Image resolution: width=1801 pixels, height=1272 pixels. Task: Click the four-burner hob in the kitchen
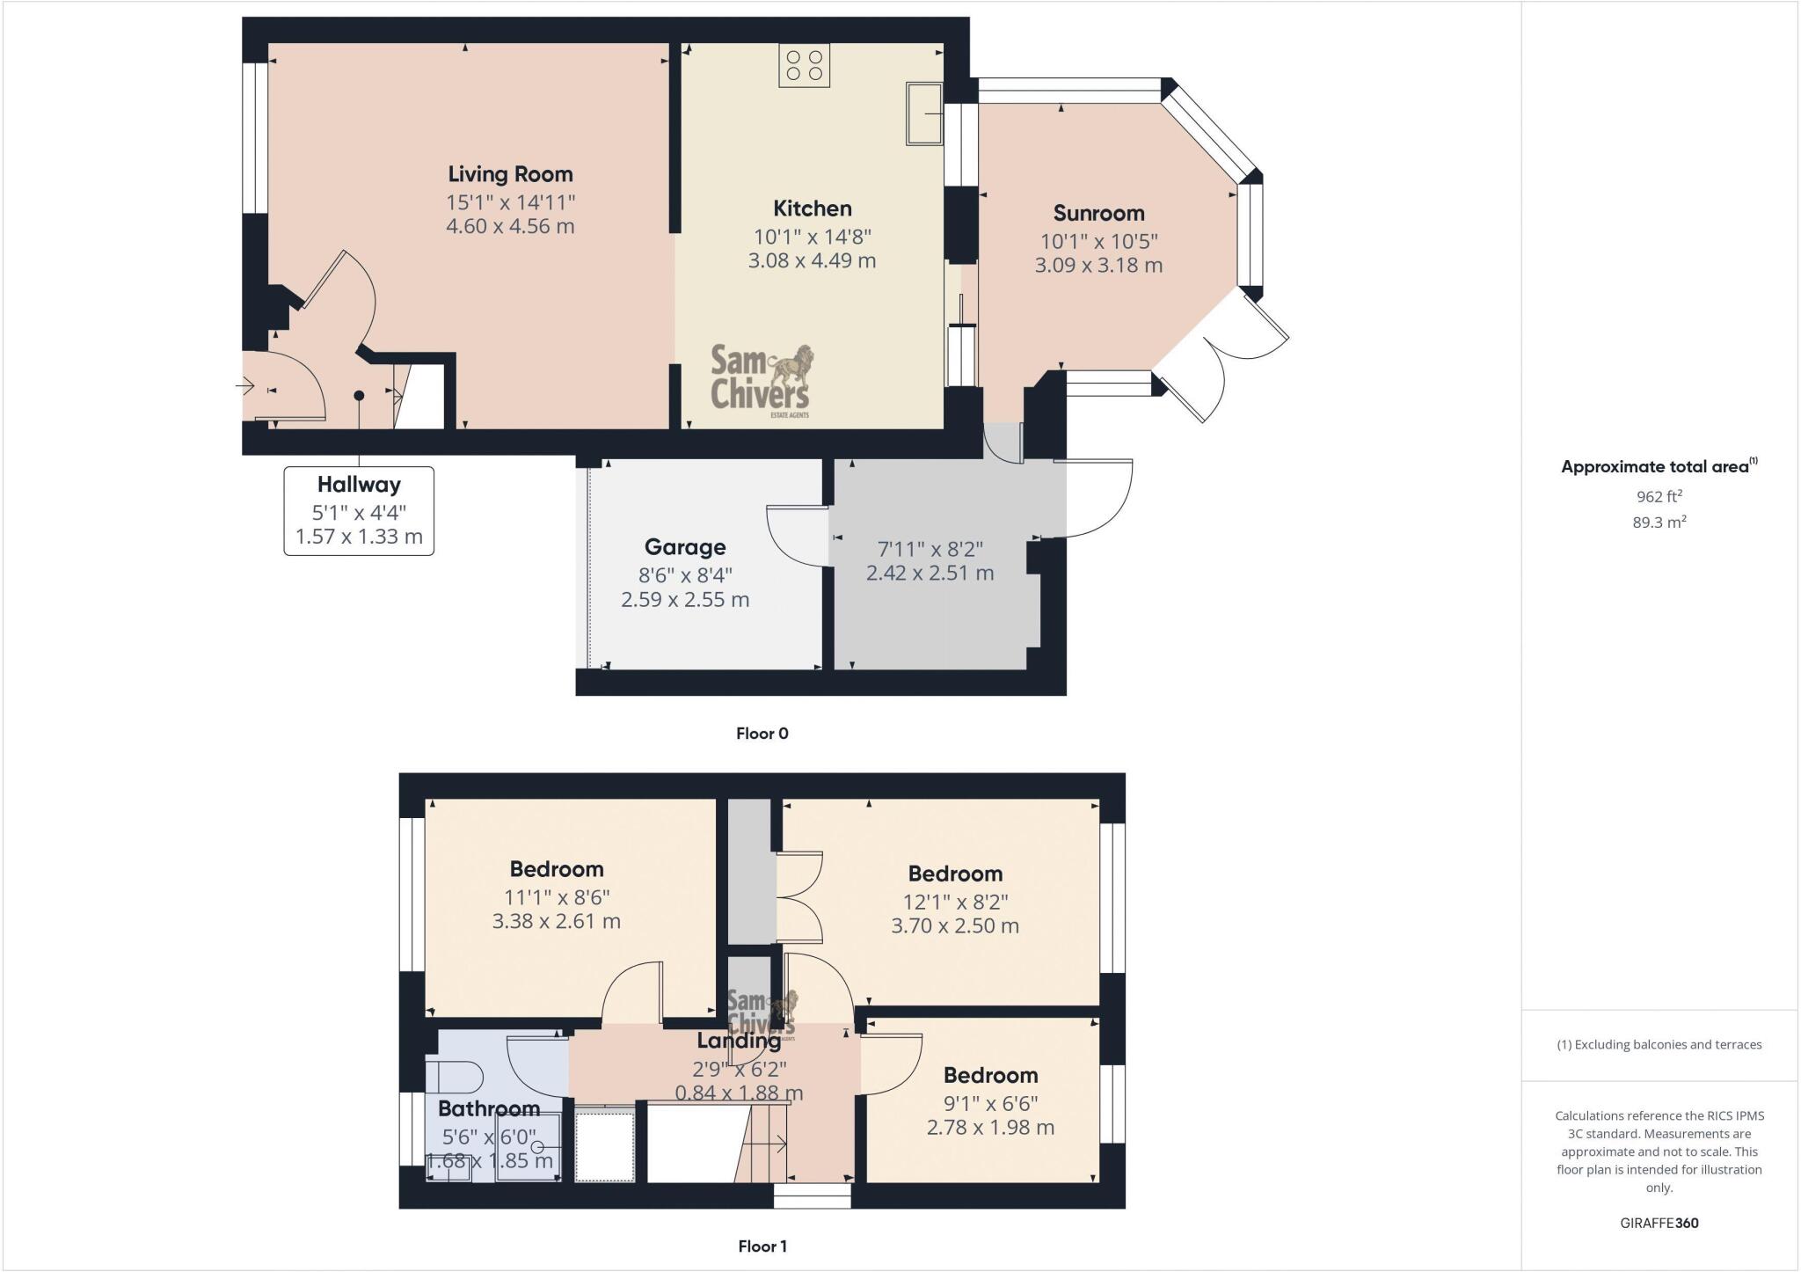point(804,66)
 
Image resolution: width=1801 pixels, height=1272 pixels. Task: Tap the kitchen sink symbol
point(923,113)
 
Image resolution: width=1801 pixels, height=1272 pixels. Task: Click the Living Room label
point(510,174)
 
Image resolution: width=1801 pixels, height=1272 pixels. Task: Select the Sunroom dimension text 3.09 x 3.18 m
point(1098,266)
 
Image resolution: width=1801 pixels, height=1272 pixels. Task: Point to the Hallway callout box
point(359,510)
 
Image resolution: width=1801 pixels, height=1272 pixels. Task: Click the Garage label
point(685,547)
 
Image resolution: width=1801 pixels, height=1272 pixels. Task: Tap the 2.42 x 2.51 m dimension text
point(930,574)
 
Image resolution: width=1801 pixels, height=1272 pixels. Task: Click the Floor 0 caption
point(762,734)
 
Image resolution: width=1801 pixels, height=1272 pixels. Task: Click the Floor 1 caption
point(762,1246)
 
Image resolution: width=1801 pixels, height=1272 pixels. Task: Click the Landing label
point(739,1042)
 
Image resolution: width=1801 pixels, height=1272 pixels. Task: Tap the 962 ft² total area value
point(1659,496)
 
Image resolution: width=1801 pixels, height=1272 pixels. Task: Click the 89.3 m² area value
point(1659,523)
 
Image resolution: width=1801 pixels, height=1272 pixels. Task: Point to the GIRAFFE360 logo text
point(1659,1223)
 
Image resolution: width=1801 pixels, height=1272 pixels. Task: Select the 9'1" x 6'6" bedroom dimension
point(990,1103)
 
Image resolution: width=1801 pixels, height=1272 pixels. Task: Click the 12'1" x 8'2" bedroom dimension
point(955,902)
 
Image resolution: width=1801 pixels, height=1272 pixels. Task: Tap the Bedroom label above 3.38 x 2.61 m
point(557,869)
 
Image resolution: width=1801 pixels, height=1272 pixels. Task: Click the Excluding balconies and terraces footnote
point(1659,1045)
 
